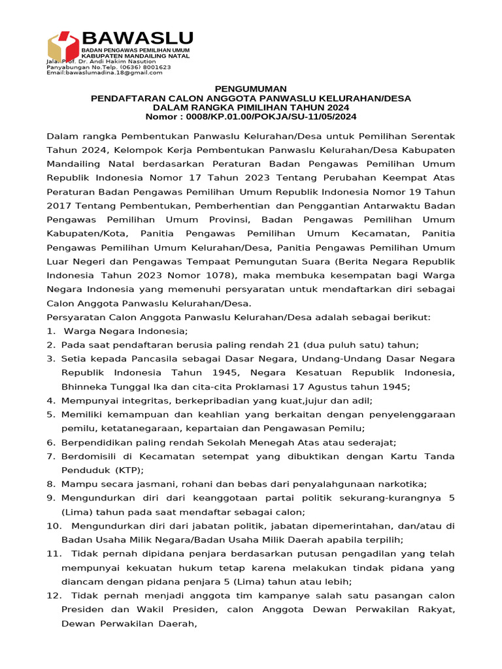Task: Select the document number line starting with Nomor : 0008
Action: (251, 116)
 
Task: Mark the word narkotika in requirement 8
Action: (403, 483)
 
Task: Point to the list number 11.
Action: (54, 553)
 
